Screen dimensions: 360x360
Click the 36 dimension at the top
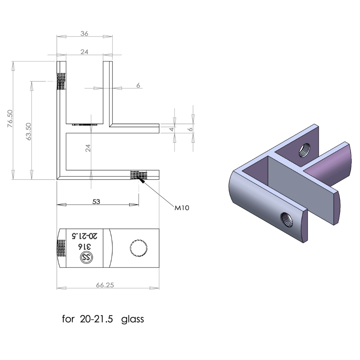pyautogui.click(x=84, y=33)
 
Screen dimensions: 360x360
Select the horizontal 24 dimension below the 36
pyautogui.click(x=84, y=52)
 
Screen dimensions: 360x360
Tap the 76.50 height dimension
pyautogui.click(x=10, y=119)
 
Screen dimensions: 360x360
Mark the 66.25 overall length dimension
pyautogui.click(x=105, y=285)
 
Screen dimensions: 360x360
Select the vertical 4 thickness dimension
pyautogui.click(x=172, y=129)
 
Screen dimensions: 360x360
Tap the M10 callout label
pyautogui.click(x=182, y=208)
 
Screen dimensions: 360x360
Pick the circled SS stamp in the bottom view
pyautogui.click(x=87, y=257)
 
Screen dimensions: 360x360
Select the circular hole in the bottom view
pyautogui.click(x=138, y=248)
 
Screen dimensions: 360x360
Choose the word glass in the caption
pyautogui.click(x=132, y=319)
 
